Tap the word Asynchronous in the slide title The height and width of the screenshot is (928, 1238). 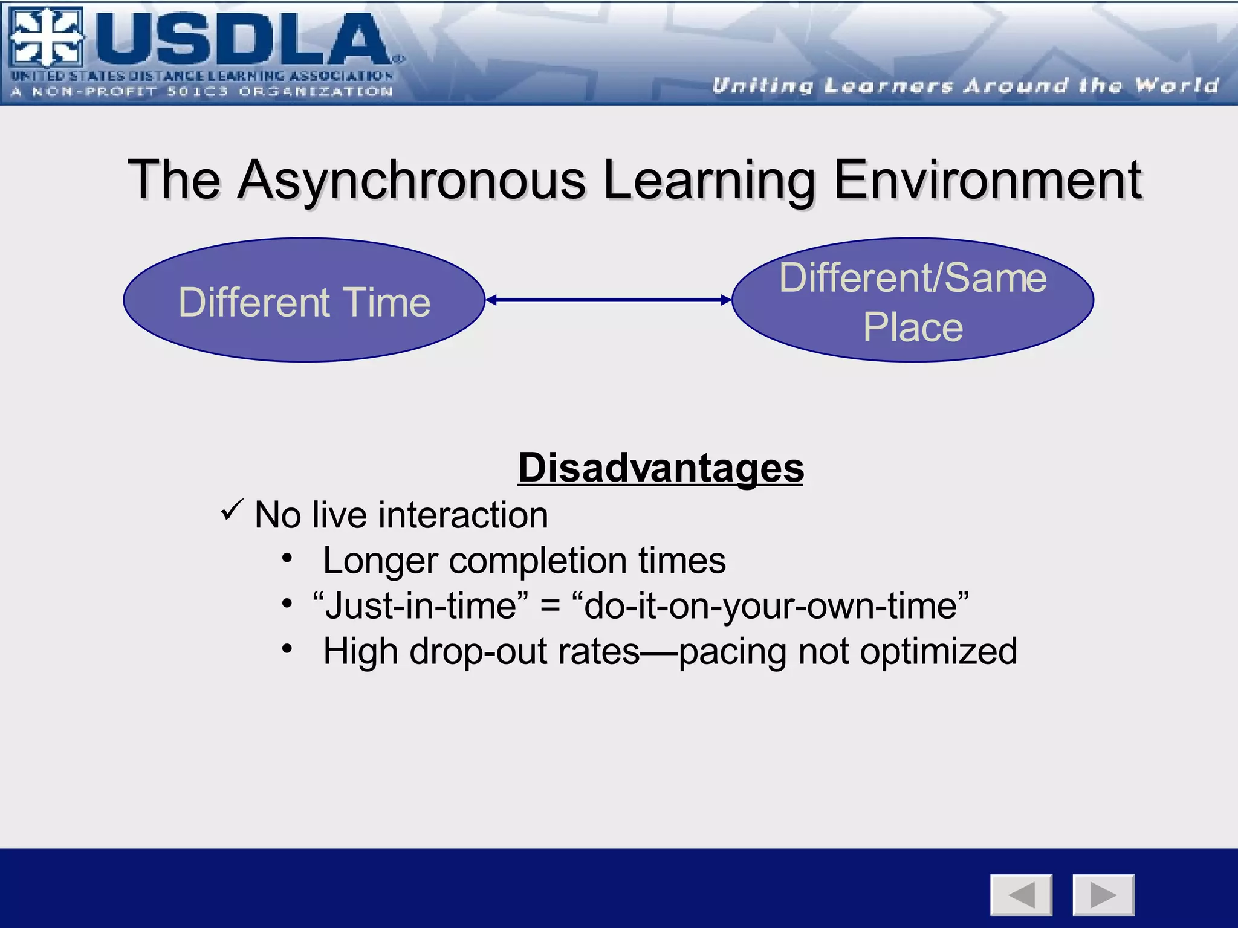point(411,180)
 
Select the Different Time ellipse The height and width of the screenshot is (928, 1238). point(304,300)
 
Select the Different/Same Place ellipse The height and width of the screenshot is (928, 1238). point(912,300)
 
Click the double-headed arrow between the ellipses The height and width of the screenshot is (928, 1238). point(608,300)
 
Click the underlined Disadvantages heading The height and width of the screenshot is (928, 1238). point(661,468)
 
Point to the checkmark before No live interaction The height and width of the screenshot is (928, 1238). point(232,511)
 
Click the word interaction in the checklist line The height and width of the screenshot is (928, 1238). point(463,515)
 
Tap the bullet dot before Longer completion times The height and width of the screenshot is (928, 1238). point(287,558)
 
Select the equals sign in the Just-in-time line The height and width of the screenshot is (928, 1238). point(549,606)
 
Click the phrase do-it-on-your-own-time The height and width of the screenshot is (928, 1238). point(771,606)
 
